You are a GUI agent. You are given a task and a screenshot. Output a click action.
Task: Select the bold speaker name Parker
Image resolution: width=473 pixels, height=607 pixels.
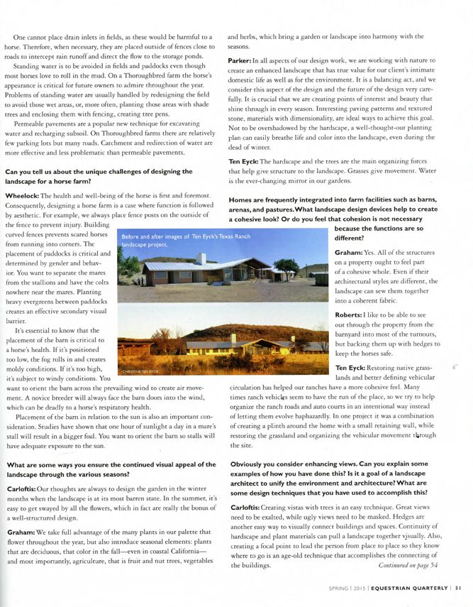(x=243, y=62)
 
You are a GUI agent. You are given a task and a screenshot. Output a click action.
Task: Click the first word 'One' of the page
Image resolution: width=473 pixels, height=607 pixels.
(x=21, y=36)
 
